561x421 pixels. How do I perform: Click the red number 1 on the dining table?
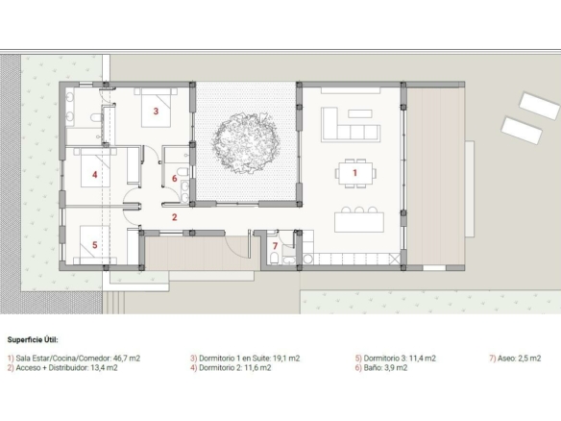click(x=354, y=173)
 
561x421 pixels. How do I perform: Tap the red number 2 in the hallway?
click(x=175, y=217)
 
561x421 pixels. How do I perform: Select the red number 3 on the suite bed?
click(x=156, y=111)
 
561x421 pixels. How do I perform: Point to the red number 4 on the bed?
click(x=94, y=175)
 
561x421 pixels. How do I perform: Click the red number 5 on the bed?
click(x=95, y=245)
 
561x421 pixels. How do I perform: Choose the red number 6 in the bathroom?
click(x=175, y=178)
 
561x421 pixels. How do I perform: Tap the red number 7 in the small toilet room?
click(x=275, y=246)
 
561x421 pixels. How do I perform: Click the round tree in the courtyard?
click(x=246, y=143)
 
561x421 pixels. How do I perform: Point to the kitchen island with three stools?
click(x=359, y=219)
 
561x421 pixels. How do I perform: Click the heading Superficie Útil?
click(x=33, y=339)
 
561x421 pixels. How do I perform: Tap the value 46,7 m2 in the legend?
click(x=127, y=358)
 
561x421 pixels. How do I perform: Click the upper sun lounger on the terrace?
click(x=540, y=106)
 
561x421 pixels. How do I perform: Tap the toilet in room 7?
click(x=274, y=259)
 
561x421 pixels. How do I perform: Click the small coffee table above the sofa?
click(x=360, y=113)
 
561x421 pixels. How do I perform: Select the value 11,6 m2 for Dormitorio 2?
click(x=257, y=368)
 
